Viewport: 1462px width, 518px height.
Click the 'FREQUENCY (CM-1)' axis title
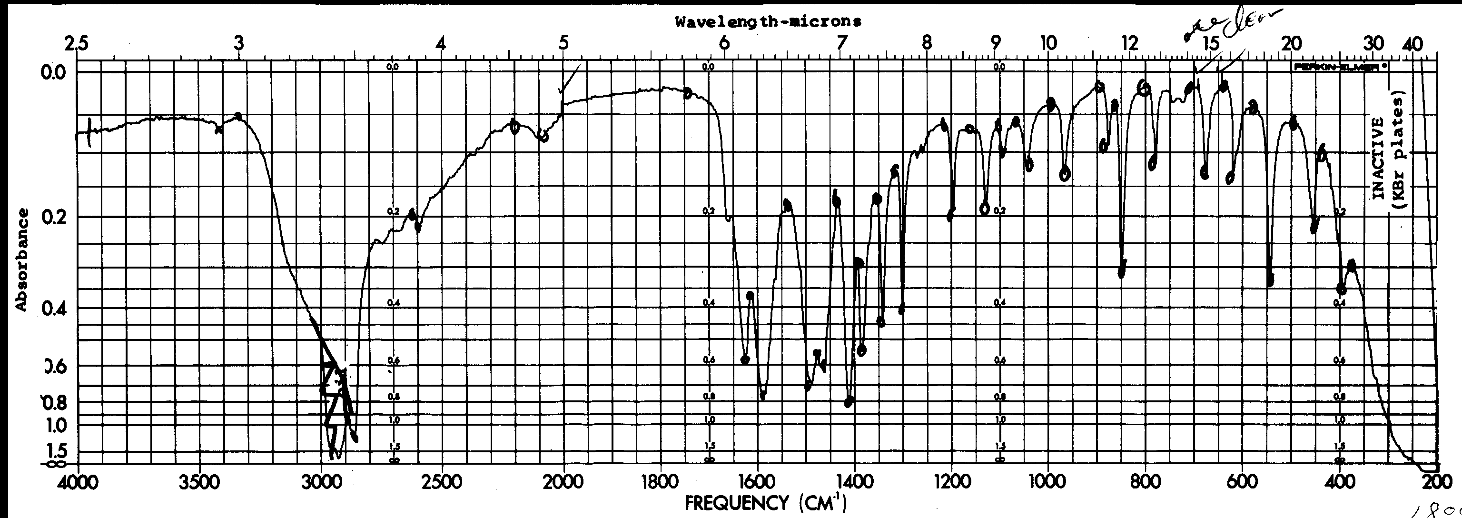pos(766,503)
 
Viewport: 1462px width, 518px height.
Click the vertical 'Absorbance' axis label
pos(21,259)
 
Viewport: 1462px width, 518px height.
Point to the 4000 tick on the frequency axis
pos(78,483)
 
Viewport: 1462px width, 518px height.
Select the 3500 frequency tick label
pos(199,483)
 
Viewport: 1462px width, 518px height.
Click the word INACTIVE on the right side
pos(1379,159)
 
